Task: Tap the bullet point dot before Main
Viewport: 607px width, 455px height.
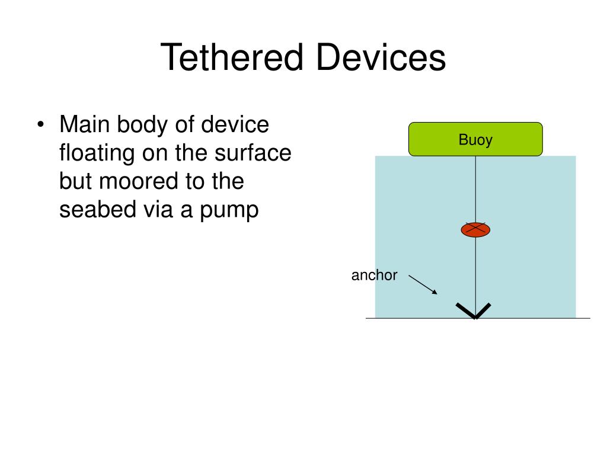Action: coord(40,126)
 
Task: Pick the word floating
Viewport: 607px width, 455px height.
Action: coord(96,153)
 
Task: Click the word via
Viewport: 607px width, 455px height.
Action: coord(159,210)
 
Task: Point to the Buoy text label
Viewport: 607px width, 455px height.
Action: coord(475,140)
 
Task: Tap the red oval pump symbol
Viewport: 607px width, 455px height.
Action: coord(475,230)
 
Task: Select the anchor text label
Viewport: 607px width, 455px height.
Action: coord(374,275)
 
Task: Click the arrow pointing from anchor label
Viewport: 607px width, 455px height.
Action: coord(423,284)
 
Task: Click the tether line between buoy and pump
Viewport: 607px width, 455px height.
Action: coord(475,190)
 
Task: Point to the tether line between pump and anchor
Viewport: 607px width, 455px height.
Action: coord(475,270)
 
